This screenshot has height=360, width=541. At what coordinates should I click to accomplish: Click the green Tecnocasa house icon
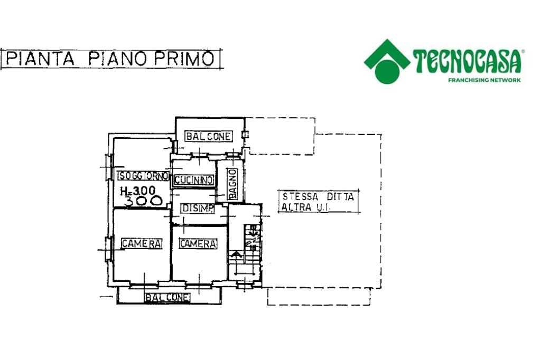tap(387, 61)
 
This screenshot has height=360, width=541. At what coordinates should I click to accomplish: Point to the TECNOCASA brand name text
tap(468, 61)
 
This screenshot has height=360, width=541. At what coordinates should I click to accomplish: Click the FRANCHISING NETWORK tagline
tap(484, 80)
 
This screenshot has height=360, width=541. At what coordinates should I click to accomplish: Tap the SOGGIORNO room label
tap(143, 176)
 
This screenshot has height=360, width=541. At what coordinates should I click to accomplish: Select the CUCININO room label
tap(193, 180)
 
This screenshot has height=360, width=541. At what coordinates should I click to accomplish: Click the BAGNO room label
tap(233, 184)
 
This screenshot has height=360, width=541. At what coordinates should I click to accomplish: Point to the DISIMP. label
tap(198, 209)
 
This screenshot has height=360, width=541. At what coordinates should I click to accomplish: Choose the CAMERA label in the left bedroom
tap(141, 243)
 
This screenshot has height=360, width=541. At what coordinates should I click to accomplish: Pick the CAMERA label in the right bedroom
tap(198, 243)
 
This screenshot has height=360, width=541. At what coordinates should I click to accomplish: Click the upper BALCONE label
tap(208, 136)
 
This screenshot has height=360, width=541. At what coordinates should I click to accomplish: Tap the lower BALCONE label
tap(167, 298)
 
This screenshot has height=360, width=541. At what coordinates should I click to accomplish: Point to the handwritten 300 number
tap(142, 201)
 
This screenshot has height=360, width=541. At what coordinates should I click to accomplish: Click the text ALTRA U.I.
tap(306, 207)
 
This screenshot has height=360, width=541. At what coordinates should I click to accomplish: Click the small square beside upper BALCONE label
tap(245, 135)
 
